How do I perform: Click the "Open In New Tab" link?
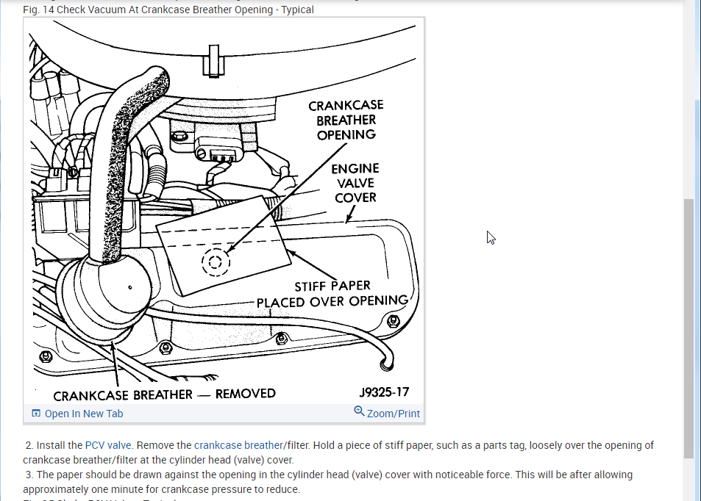coord(83,414)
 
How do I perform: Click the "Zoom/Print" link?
coord(394,414)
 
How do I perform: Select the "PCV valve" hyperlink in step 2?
coord(108,445)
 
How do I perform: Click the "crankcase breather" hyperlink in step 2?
coord(238,445)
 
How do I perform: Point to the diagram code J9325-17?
coord(384,393)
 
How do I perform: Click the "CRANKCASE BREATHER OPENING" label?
coord(346,120)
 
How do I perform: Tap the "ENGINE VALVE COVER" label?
coord(355,183)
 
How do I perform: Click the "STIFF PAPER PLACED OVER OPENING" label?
coord(332,293)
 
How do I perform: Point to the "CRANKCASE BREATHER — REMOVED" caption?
coord(164,394)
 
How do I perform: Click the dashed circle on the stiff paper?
coord(215,261)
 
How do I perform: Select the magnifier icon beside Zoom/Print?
coord(359,411)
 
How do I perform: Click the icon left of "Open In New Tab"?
coord(36,414)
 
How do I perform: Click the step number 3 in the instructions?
coord(29,475)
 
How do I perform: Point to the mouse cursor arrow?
coord(490,237)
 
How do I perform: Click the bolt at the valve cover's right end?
coord(394,320)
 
